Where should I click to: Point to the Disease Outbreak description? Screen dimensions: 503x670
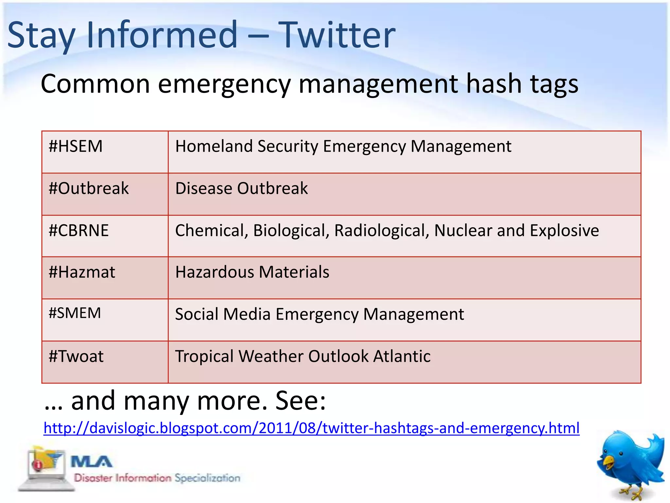[x=241, y=189]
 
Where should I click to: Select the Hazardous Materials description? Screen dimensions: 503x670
[x=252, y=272]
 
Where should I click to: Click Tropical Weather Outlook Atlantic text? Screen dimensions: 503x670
[x=303, y=356]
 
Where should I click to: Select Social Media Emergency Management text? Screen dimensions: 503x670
[x=319, y=314]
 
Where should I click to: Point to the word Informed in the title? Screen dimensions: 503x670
[x=162, y=35]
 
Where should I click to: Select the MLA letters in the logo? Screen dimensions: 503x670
[x=92, y=462]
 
